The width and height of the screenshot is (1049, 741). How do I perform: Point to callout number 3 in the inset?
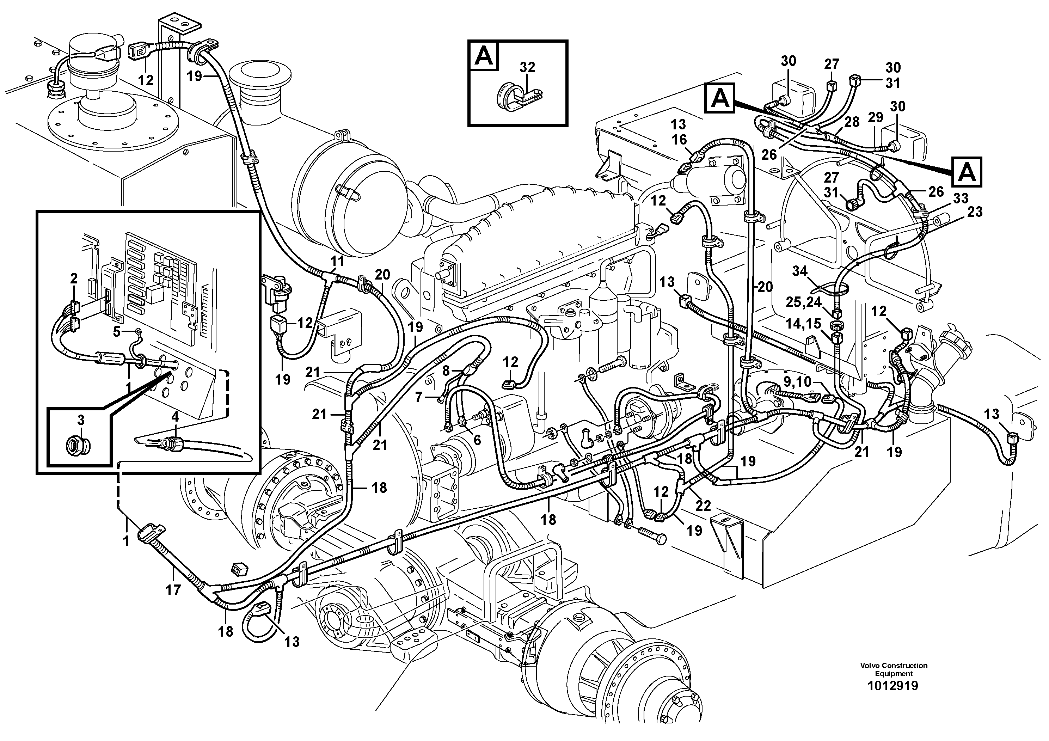80,420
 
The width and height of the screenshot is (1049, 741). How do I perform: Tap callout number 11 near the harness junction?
337,262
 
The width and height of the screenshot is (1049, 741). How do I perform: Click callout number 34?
799,271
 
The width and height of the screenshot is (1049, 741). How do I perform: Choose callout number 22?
703,505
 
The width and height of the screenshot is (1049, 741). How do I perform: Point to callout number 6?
477,440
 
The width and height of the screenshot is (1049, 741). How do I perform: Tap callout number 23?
975,212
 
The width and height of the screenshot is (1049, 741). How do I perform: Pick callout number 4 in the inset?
175,417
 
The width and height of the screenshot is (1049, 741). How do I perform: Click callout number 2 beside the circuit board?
74,278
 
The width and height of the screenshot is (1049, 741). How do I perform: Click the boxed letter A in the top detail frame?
484,57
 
